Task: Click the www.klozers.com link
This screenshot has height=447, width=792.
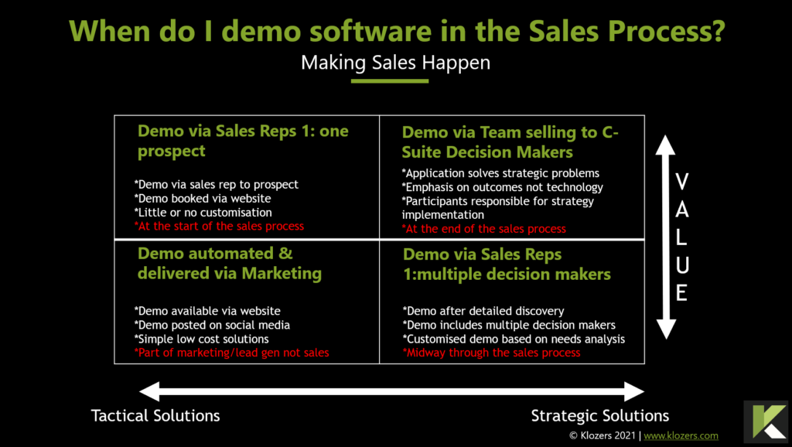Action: [x=681, y=435]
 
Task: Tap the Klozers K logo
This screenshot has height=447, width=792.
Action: [x=766, y=421]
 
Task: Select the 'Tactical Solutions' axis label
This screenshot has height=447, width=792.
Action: [x=155, y=416]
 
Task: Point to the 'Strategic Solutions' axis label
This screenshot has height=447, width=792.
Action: [x=600, y=416]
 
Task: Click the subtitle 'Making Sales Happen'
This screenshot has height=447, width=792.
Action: [x=395, y=63]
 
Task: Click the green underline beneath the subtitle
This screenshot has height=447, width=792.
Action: [x=390, y=80]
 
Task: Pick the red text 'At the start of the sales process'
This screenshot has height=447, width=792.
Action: [x=219, y=227]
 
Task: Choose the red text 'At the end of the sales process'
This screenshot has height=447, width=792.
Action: [x=484, y=229]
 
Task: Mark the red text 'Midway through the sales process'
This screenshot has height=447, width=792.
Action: [x=491, y=353]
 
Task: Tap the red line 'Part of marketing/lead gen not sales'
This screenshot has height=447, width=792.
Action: [x=232, y=353]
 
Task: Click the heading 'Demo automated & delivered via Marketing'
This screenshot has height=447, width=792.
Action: [x=230, y=263]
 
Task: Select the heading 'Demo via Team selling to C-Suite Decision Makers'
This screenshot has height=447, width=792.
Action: [x=510, y=142]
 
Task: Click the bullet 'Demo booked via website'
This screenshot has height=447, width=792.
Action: [x=203, y=199]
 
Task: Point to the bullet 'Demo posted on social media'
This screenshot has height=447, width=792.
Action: [x=212, y=325]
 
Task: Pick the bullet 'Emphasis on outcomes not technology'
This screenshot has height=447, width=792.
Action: [x=503, y=187]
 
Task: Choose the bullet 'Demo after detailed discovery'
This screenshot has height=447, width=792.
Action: [x=483, y=311]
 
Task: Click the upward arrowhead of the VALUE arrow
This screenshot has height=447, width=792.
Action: [x=666, y=145]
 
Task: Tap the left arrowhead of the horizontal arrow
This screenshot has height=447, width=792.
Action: [x=149, y=391]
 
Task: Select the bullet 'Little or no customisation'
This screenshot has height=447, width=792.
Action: [x=203, y=213]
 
